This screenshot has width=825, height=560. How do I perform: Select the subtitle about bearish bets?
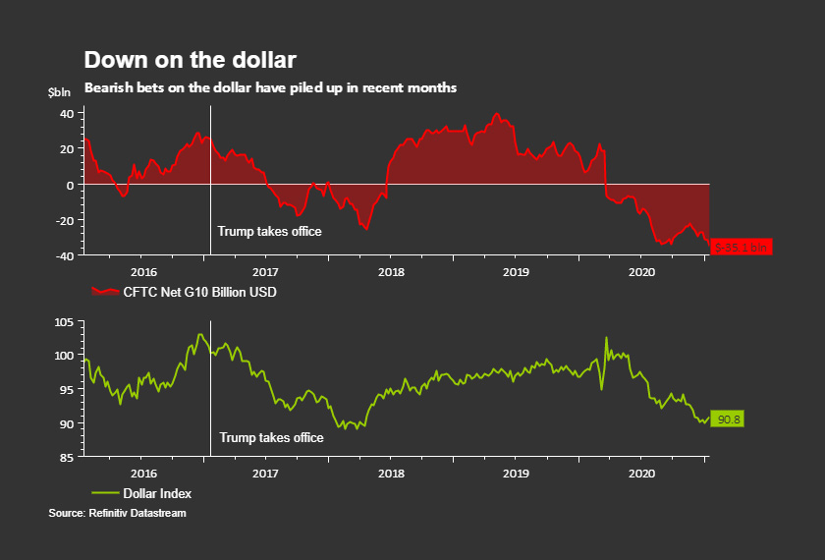point(270,87)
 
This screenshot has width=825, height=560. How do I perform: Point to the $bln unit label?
point(60,91)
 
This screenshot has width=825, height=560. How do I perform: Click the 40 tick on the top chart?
point(67,113)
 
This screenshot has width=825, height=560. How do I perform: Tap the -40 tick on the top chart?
point(65,255)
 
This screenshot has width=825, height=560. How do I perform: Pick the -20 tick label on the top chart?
point(65,220)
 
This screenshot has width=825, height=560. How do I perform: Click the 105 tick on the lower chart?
point(65,321)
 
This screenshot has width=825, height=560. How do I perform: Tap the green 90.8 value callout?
point(729,420)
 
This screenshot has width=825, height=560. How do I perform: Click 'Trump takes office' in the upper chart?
point(269,232)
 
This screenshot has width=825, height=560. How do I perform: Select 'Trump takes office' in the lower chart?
point(271,437)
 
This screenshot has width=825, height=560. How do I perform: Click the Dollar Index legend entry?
point(141,493)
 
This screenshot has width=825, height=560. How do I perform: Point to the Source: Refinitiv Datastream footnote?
point(117,513)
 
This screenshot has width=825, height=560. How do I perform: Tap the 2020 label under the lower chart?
point(640,473)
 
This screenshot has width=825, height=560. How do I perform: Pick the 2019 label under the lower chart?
point(517,473)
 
